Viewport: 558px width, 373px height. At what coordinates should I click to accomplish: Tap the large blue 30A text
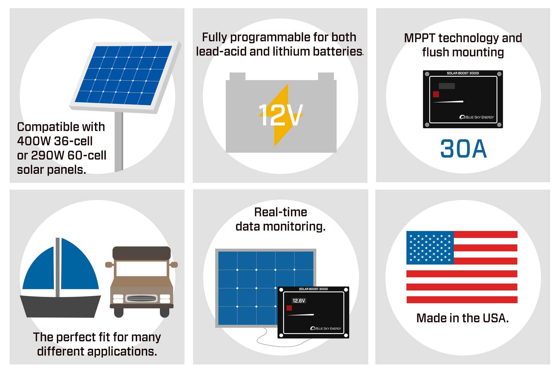463,149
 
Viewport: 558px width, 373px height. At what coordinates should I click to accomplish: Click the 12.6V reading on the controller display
299,300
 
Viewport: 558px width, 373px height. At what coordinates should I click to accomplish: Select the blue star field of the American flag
430,247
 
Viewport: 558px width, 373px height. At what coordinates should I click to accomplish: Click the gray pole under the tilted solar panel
119,141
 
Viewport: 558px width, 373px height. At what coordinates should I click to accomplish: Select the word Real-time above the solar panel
280,212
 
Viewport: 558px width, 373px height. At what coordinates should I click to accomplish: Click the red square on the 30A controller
436,94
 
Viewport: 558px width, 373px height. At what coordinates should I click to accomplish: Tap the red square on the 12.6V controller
289,308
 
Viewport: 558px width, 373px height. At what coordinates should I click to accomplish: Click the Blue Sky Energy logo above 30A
477,117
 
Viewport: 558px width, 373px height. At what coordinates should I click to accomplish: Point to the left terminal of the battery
237,76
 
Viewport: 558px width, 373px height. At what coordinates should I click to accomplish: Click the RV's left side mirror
109,265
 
